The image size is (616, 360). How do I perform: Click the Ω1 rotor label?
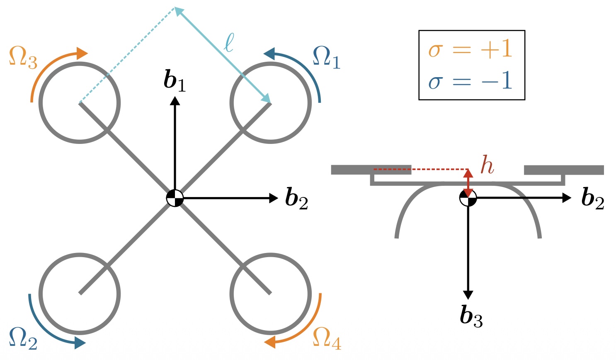[327, 58]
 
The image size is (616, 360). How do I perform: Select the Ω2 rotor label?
[23, 338]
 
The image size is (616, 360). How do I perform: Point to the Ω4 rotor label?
[327, 338]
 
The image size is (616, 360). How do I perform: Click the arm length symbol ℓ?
[229, 43]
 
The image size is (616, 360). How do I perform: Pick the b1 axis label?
[175, 80]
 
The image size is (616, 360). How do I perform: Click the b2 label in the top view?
[297, 198]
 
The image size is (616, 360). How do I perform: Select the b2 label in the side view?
[593, 198]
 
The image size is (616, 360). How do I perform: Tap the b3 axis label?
[471, 316]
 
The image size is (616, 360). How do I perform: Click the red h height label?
[487, 165]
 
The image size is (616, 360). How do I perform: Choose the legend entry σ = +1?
[470, 49]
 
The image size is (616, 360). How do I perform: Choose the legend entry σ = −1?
[470, 81]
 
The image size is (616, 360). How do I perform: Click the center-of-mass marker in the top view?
[175, 198]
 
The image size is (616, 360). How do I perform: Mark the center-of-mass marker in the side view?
[468, 197]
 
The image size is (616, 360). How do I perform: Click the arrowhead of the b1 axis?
[175, 101]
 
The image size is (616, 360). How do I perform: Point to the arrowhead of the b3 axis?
[468, 295]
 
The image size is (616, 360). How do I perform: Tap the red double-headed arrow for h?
[468, 183]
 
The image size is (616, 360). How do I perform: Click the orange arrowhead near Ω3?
[82, 53]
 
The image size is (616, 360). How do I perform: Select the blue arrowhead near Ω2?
[80, 343]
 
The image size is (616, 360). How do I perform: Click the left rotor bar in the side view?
[371, 170]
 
